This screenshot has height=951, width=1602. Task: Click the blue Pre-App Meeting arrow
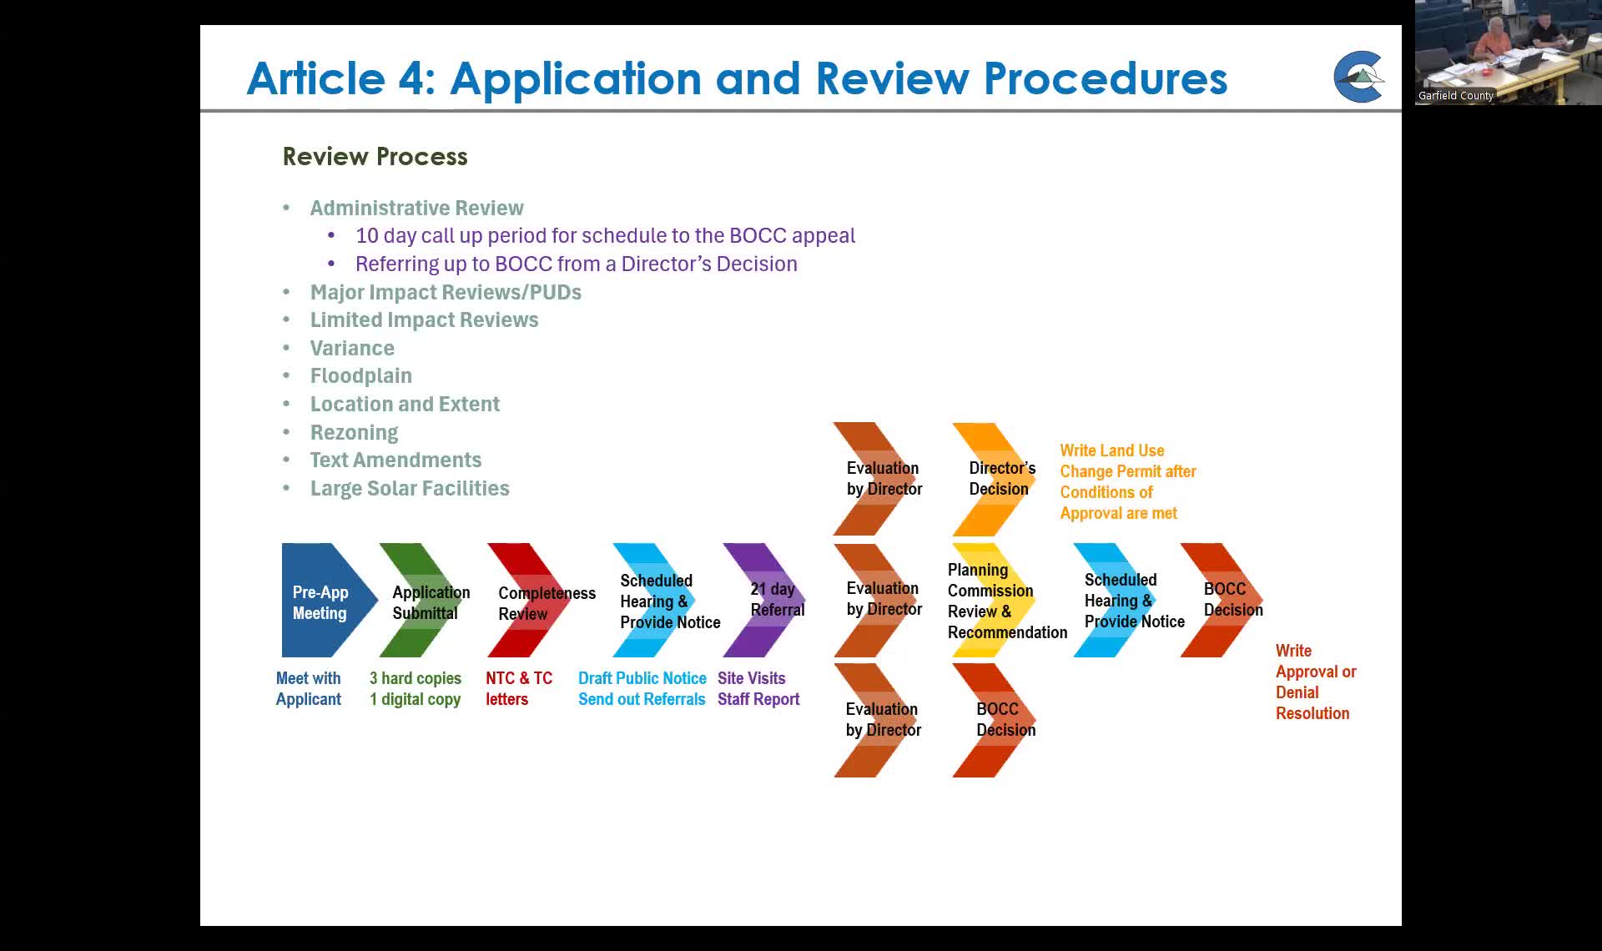pos(325,601)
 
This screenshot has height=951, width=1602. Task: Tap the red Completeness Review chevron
pos(528,601)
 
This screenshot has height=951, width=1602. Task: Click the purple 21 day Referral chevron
pos(763,601)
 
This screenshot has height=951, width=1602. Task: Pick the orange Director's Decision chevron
pos(993,479)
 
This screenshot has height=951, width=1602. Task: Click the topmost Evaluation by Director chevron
pos(876,479)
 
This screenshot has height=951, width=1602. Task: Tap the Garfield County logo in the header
pos(1358,77)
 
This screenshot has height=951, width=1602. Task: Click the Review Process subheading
pos(375,157)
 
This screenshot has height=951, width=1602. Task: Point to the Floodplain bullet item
pos(360,376)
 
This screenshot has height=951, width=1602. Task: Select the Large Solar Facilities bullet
pos(409,489)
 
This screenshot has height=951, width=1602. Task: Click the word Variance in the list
pos(351,348)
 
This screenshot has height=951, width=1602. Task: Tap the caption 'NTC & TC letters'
pos(518,689)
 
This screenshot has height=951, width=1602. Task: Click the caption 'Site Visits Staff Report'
pos(758,689)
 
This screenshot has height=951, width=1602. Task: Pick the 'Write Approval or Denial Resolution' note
pos(1314,682)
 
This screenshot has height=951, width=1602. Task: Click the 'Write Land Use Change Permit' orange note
pos(1126,482)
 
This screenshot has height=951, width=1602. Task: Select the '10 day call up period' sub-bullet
pos(605,236)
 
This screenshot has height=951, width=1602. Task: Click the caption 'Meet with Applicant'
pos(308,689)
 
